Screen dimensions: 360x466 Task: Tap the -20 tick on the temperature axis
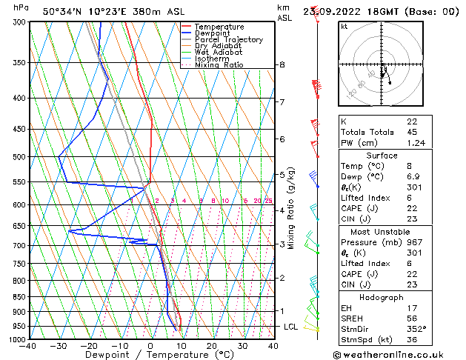tap(89, 346)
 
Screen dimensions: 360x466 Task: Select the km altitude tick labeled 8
tap(282, 65)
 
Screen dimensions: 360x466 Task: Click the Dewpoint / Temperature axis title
tap(150, 355)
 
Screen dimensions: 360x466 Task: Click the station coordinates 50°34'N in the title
tap(63, 12)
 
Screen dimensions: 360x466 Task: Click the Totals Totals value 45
tap(413, 133)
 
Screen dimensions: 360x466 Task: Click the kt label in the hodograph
tap(344, 26)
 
